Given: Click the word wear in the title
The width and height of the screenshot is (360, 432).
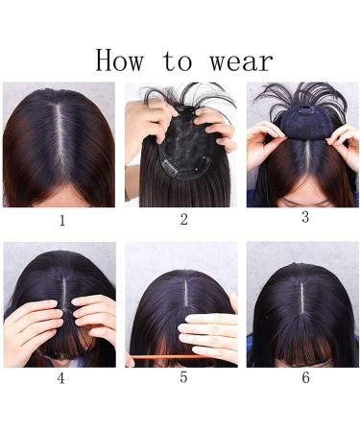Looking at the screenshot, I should pyautogui.click(x=235, y=60).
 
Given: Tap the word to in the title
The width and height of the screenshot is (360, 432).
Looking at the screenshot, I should pyautogui.click(x=176, y=61).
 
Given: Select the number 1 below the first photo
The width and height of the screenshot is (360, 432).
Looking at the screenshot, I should pyautogui.click(x=62, y=221).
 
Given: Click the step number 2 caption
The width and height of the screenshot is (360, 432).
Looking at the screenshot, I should pyautogui.click(x=183, y=220).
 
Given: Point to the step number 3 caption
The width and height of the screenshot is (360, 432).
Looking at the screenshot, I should pyautogui.click(x=305, y=217).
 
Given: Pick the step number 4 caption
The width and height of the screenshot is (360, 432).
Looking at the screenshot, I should pyautogui.click(x=60, y=378).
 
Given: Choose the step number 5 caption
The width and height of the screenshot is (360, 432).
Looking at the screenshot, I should pyautogui.click(x=182, y=378).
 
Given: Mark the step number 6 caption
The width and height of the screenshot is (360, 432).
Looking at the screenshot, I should pyautogui.click(x=305, y=378).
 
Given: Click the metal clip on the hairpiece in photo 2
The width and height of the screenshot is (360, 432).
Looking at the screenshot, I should pyautogui.click(x=171, y=167).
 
